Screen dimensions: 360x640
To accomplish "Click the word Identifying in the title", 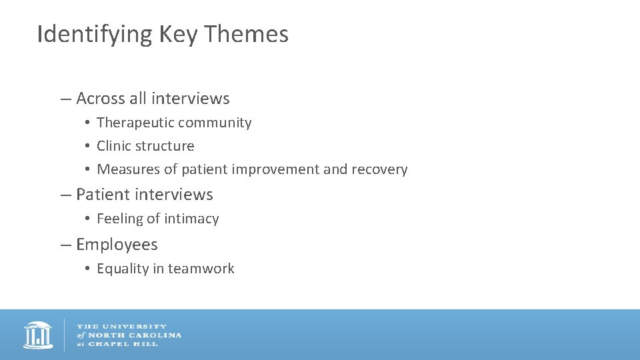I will click(95, 34).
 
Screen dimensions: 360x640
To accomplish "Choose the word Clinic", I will click(113, 146).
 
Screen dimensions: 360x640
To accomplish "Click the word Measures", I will click(128, 169).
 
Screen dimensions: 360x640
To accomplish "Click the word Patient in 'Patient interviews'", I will click(103, 195).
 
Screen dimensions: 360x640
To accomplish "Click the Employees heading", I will click(117, 245).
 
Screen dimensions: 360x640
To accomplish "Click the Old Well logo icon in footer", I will click(38, 335).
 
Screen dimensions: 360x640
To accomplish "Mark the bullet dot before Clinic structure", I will click(87, 147).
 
